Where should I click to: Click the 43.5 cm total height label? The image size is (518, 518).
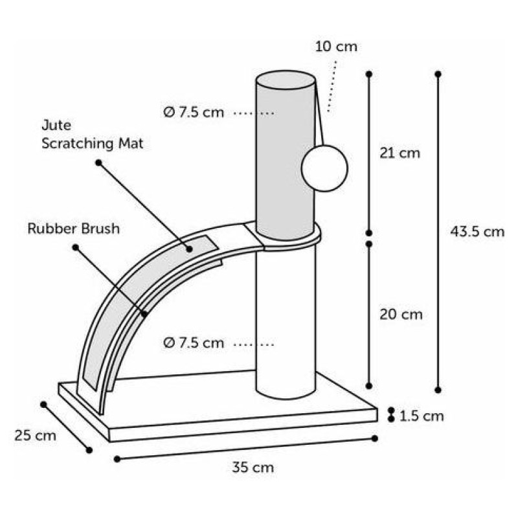[477, 232]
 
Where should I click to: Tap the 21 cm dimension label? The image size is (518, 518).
[400, 153]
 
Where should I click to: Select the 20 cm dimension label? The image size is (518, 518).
[401, 314]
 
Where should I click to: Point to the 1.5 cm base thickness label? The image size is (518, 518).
[422, 416]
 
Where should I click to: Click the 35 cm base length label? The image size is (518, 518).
[253, 467]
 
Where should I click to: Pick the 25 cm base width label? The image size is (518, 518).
[36, 435]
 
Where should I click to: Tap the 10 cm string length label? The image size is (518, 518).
[336, 47]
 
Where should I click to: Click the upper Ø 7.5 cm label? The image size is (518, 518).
[194, 112]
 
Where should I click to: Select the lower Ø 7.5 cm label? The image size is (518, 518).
[194, 343]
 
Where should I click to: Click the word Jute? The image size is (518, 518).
[56, 126]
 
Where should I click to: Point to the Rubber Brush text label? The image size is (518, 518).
[74, 229]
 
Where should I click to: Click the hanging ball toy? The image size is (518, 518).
[325, 168]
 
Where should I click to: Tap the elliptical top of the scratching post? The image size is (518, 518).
[286, 80]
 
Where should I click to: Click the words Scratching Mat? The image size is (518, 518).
[93, 144]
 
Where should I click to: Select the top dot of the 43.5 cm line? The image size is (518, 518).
[438, 74]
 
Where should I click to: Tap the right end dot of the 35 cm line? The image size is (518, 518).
[374, 438]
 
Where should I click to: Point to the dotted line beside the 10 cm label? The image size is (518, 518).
[332, 87]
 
